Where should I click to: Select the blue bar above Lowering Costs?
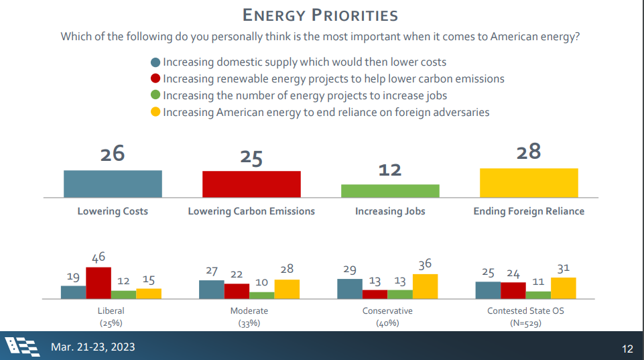[x=113, y=184]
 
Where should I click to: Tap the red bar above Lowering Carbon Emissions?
[x=251, y=184]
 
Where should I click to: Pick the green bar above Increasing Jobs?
[x=390, y=191]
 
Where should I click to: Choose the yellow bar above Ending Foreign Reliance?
[x=529, y=183]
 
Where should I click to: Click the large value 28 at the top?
[x=529, y=152]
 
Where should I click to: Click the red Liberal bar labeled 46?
[x=99, y=283]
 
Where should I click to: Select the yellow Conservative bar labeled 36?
[x=425, y=286]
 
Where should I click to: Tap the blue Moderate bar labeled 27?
[x=212, y=289]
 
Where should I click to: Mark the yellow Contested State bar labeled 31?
[x=564, y=288]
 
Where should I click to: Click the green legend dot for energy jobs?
[x=155, y=96]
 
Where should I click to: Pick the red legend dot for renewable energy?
[x=155, y=79]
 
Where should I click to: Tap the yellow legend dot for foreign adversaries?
[x=155, y=113]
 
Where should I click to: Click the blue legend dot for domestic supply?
[x=155, y=62]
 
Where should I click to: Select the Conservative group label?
[x=387, y=311]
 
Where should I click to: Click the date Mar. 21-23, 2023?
[x=93, y=347]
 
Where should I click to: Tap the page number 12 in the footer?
[x=627, y=349]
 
